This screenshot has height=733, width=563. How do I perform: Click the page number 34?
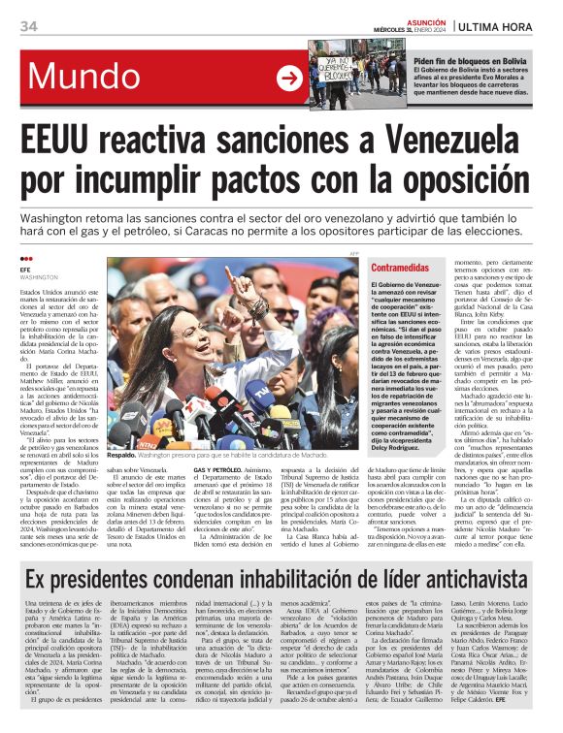(x=28, y=25)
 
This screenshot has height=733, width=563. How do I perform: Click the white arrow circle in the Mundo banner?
(x=289, y=79)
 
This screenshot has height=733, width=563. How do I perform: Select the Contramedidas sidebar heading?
(x=399, y=268)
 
